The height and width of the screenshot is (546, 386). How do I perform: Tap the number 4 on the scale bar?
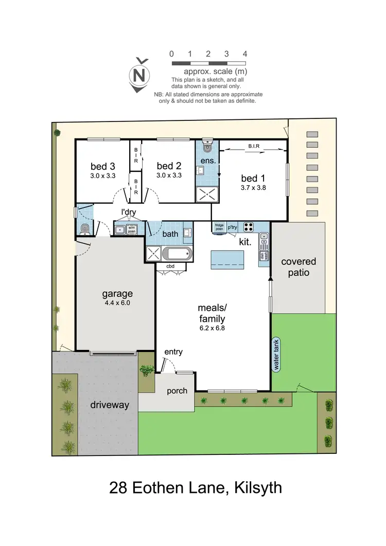pyautogui.click(x=245, y=54)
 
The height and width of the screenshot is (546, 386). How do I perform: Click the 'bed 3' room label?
pyautogui.click(x=102, y=166)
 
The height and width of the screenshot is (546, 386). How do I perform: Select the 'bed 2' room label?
pyautogui.click(x=169, y=166)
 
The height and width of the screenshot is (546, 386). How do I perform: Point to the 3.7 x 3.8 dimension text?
pyautogui.click(x=253, y=188)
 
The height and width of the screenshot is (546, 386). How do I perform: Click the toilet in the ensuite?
pyautogui.click(x=207, y=147)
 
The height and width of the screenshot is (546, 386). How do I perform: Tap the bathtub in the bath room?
pyautogui.click(x=177, y=254)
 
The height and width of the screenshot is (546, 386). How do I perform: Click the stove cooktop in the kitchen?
pyautogui.click(x=249, y=226)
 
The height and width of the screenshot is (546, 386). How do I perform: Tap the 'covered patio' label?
pyautogui.click(x=299, y=267)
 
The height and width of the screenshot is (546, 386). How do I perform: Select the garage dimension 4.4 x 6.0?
pyautogui.click(x=117, y=303)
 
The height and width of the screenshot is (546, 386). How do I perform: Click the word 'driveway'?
pyautogui.click(x=109, y=405)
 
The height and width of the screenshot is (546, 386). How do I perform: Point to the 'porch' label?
pyautogui.click(x=177, y=391)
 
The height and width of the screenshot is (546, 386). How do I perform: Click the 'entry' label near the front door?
pyautogui.click(x=173, y=351)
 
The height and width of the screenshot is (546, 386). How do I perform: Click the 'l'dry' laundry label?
pyautogui.click(x=129, y=212)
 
